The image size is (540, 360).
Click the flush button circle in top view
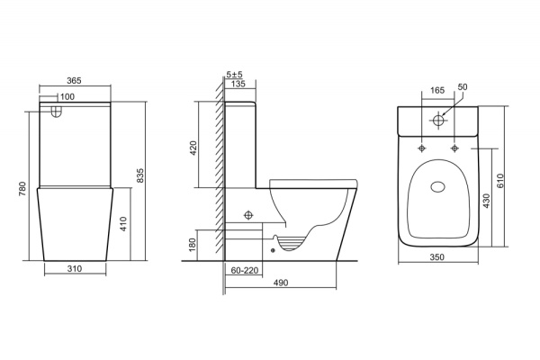pos(440,120)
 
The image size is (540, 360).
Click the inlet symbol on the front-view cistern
pos(57,112)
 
